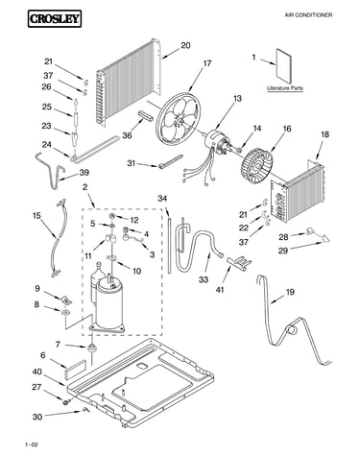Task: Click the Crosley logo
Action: point(55,18)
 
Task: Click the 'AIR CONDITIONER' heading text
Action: point(308,15)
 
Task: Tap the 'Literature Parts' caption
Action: point(285,88)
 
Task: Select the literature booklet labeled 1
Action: point(284,67)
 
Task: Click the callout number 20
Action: point(185,45)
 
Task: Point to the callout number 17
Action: point(207,63)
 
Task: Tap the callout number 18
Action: point(324,134)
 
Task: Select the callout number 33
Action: point(204,279)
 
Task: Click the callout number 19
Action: point(290,292)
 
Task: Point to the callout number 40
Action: point(36,372)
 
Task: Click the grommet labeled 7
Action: point(92,348)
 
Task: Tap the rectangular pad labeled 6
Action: point(76,369)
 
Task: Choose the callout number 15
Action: point(36,216)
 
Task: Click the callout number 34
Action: point(162,199)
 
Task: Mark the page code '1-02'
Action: point(32,444)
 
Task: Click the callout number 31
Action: point(132,163)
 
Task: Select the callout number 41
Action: point(220,290)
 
